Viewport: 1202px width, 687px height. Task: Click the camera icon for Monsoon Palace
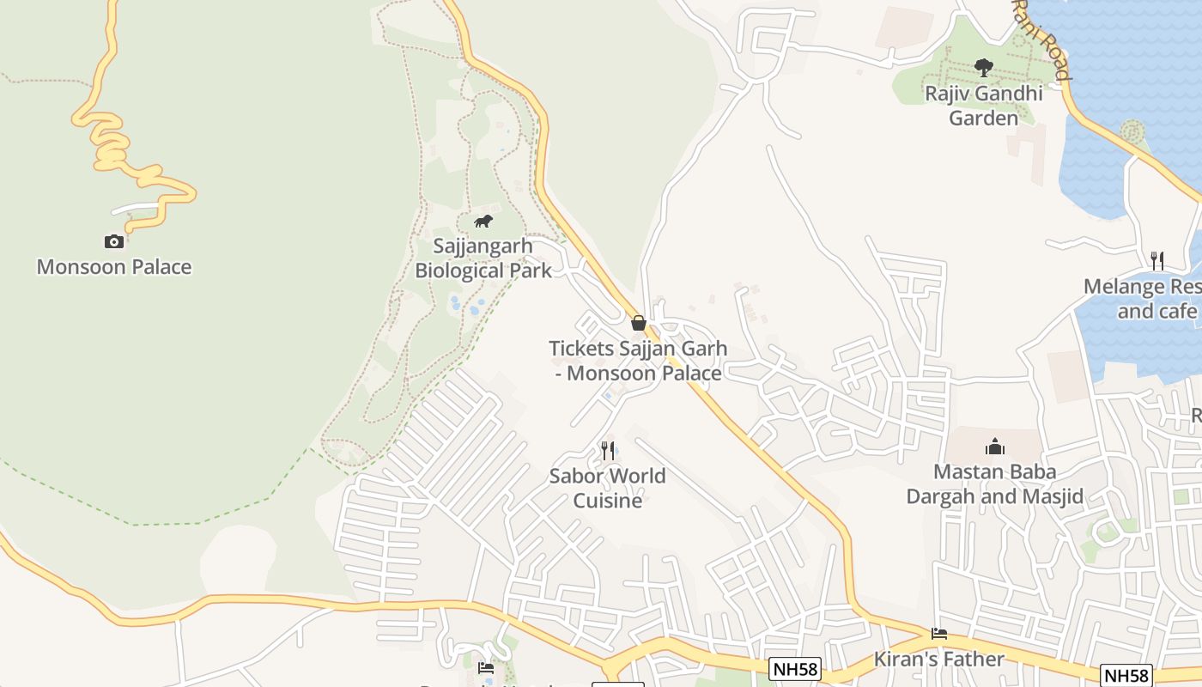(x=113, y=241)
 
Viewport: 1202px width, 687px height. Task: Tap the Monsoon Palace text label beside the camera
(x=114, y=267)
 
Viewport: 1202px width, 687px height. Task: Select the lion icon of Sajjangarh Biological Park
(x=483, y=222)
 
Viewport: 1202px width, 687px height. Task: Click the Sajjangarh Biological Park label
(x=483, y=258)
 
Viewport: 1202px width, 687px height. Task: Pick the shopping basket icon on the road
(x=638, y=323)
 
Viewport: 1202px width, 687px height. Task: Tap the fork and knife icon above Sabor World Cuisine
(x=608, y=450)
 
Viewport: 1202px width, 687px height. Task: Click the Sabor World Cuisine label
(x=608, y=488)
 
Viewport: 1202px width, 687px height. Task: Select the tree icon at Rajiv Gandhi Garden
(x=983, y=67)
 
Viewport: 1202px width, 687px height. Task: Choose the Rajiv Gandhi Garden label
(x=983, y=106)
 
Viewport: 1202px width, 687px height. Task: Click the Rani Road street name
(x=1040, y=39)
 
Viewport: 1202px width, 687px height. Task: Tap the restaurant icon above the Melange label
(x=1157, y=260)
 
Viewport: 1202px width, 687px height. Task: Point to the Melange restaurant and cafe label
(x=1142, y=298)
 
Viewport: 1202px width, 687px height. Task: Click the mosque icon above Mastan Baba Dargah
(x=995, y=447)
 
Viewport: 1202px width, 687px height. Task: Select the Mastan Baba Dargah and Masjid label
(x=995, y=484)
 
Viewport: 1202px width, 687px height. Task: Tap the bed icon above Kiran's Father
(x=939, y=634)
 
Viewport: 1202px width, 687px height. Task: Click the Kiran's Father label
(x=939, y=660)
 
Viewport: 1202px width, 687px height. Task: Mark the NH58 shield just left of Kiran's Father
(x=794, y=668)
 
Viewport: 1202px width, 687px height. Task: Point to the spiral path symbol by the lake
(x=1132, y=131)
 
